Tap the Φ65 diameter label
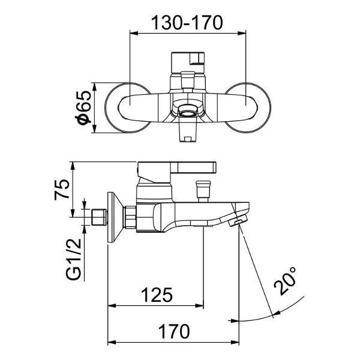[x=83, y=107]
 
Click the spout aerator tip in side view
[x=238, y=223]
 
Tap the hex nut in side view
[x=130, y=217]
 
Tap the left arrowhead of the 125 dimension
[x=112, y=305]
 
